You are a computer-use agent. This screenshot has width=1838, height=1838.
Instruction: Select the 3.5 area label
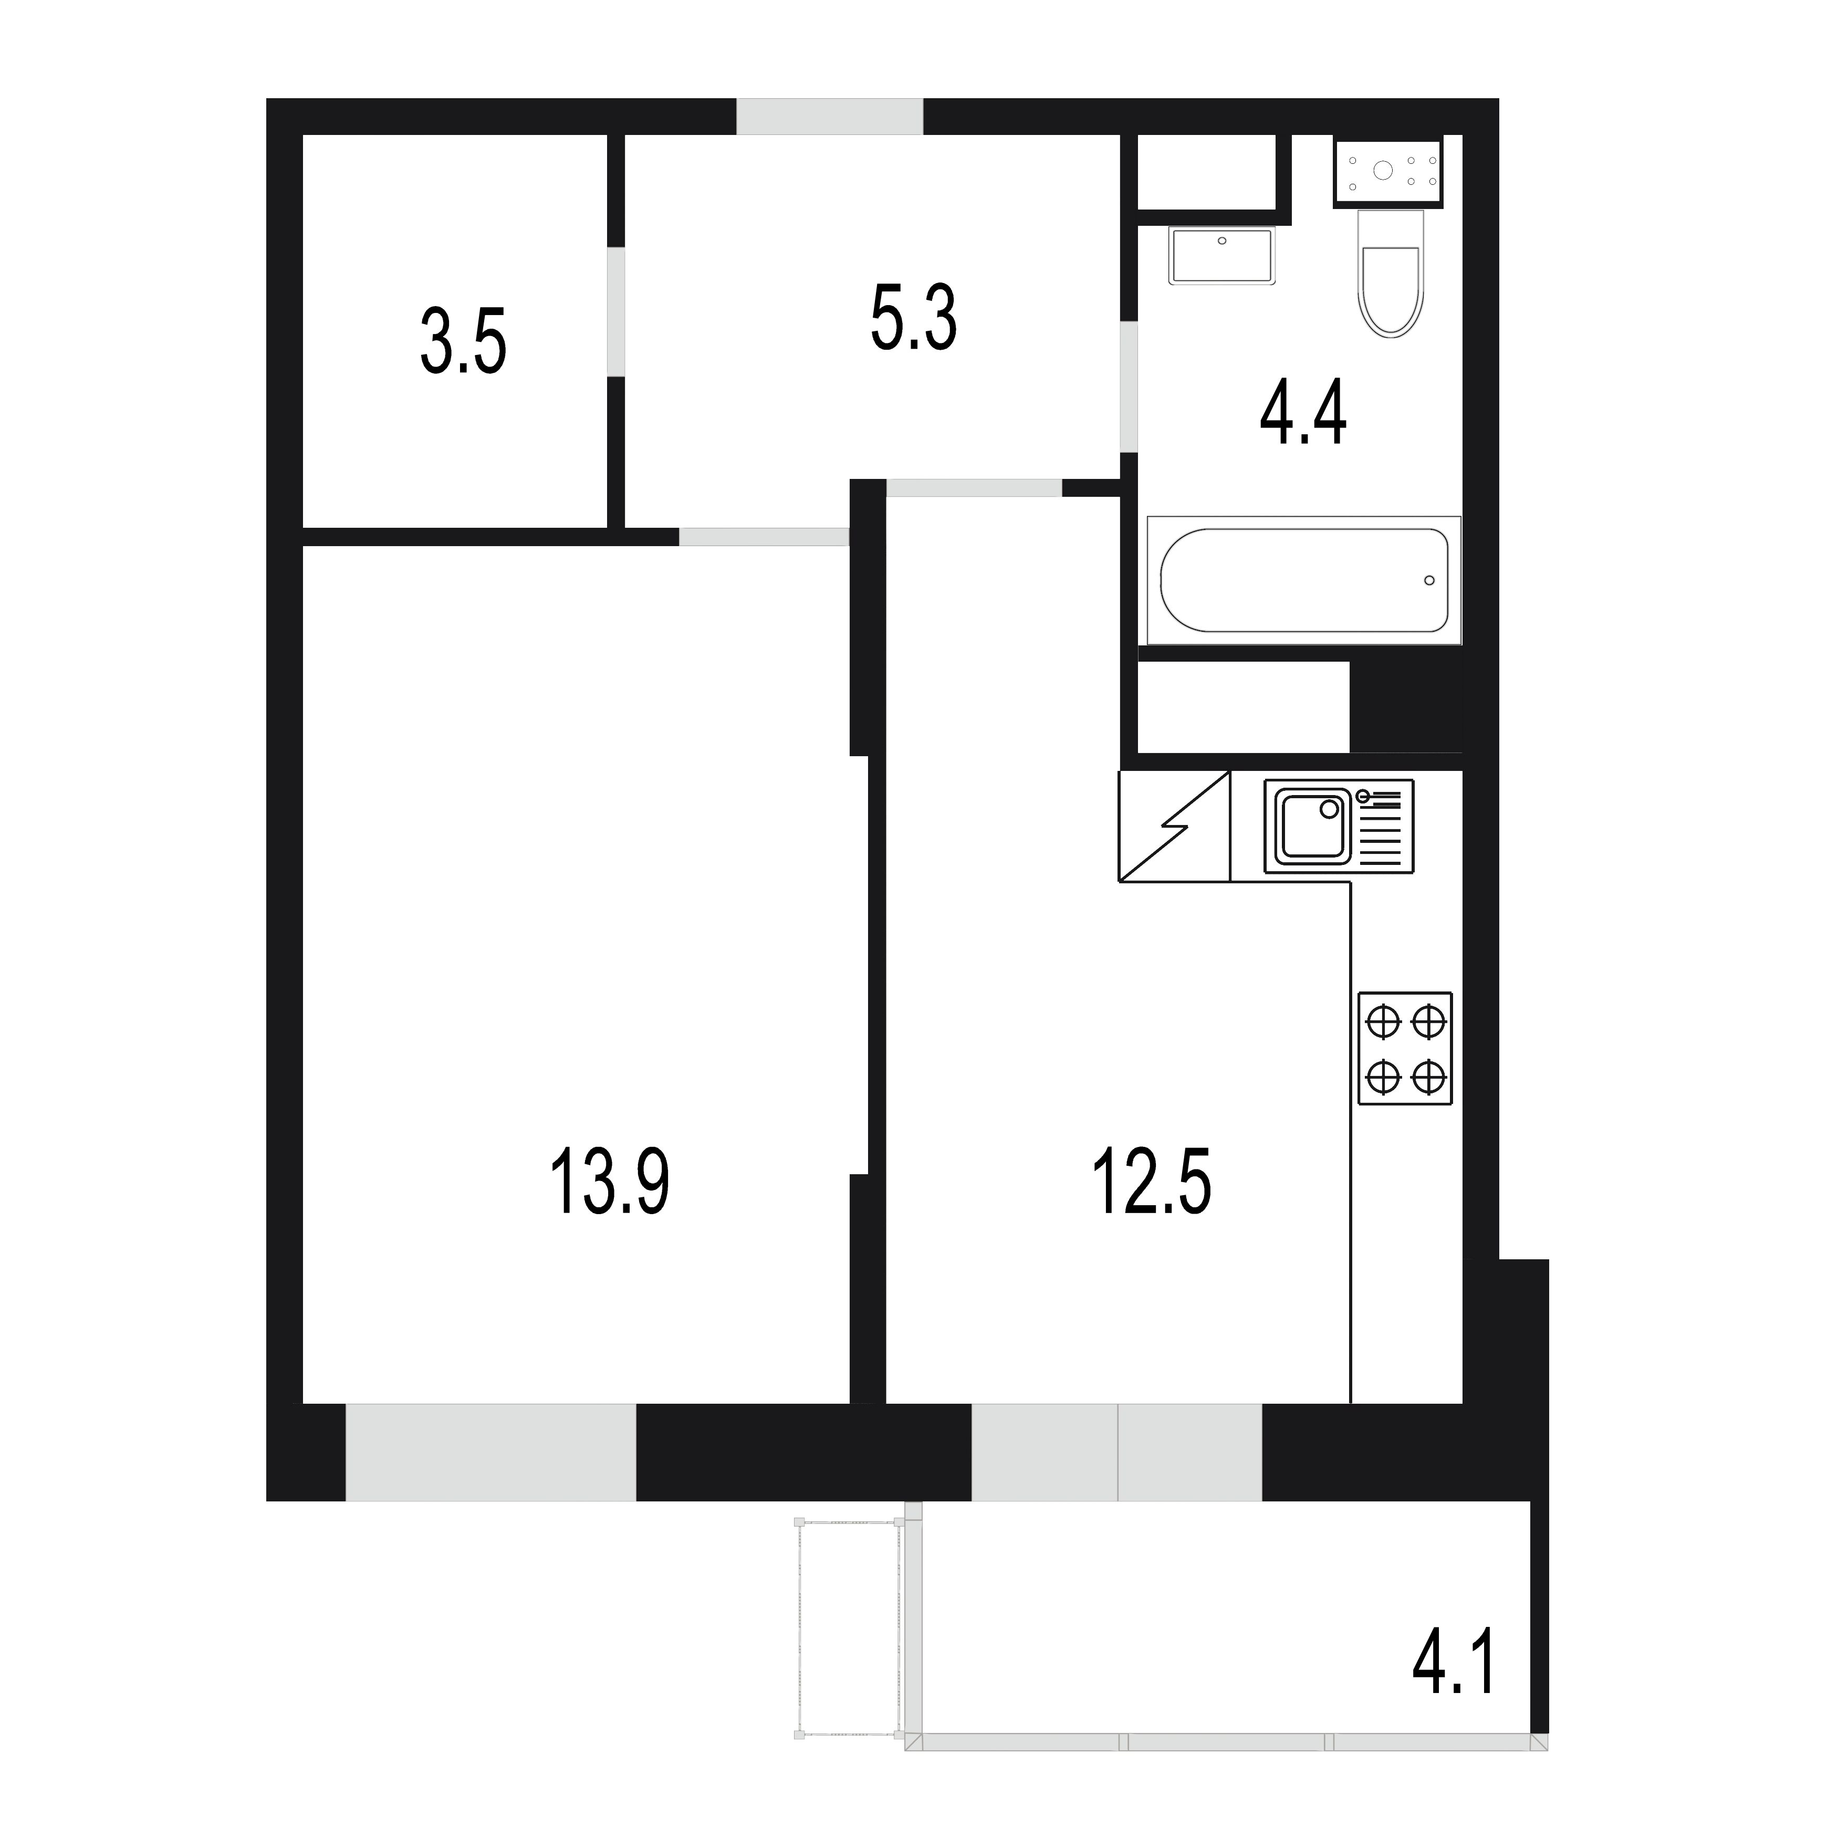[x=463, y=341]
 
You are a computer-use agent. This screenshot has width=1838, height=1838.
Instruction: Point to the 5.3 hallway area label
[x=913, y=317]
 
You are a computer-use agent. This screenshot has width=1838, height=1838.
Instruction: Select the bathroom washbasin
[x=1221, y=256]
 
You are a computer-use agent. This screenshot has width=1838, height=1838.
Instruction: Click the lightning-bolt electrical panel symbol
[x=1174, y=826]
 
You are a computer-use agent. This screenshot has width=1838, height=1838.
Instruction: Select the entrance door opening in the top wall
[x=830, y=116]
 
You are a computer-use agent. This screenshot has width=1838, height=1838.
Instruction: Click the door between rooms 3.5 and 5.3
[x=617, y=311]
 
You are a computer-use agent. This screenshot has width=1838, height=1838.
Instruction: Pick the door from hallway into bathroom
[x=1129, y=387]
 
